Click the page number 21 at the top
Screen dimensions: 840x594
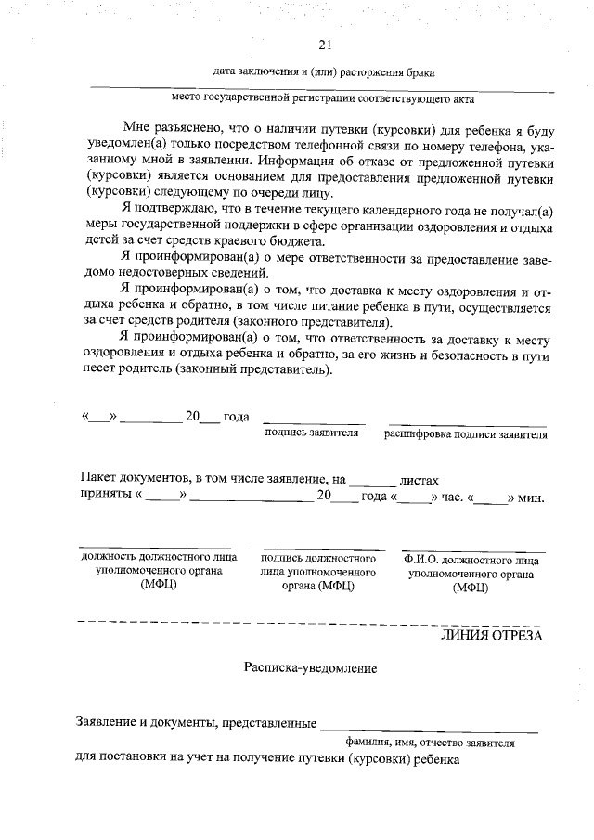[324, 45]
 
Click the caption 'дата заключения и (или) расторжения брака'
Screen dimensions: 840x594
[323, 71]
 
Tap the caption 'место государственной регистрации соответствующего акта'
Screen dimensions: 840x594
[325, 96]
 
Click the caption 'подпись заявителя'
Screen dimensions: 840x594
[312, 433]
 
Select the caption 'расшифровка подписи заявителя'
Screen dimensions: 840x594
[466, 433]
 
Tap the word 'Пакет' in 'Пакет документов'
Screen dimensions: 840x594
[98, 479]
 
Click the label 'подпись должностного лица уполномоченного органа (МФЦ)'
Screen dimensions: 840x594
[318, 572]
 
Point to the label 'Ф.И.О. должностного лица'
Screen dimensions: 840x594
[471, 561]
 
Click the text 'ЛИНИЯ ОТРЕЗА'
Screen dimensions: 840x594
[491, 636]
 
